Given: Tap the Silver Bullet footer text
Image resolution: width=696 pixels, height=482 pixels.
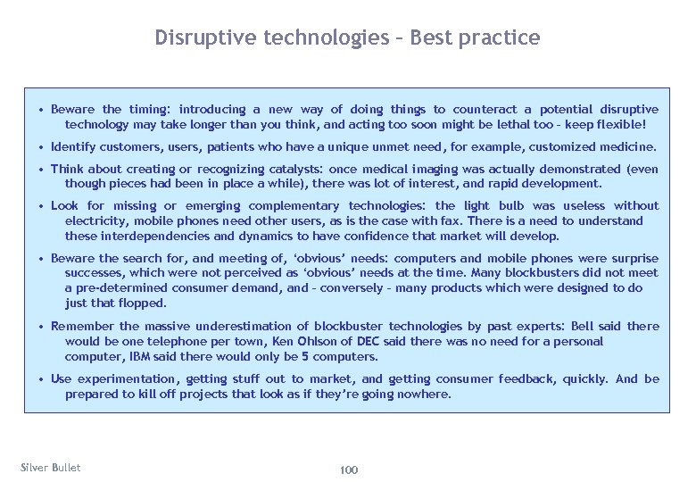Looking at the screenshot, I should [x=50, y=468].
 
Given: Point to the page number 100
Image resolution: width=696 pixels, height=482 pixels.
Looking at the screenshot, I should [x=349, y=470].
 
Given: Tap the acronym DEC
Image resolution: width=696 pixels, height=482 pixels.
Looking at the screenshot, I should [x=368, y=341].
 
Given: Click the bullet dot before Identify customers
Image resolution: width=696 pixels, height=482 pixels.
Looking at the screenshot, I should [x=42, y=147].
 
